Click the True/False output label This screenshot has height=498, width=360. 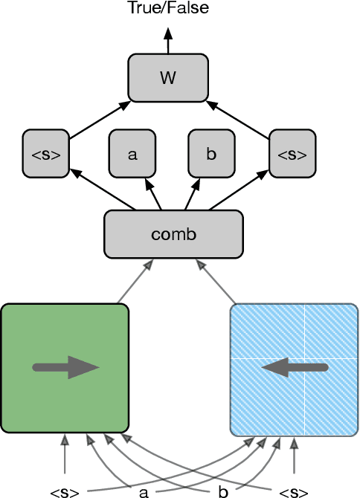(167, 9)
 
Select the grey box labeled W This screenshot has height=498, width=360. (168, 78)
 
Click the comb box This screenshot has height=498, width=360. (173, 234)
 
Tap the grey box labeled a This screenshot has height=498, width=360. (132, 154)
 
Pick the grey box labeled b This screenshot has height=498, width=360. (211, 154)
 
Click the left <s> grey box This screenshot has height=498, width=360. (46, 154)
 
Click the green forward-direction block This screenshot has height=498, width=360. (65, 368)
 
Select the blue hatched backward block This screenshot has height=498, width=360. (294, 368)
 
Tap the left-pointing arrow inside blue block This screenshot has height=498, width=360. (295, 366)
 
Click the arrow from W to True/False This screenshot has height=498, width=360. (168, 41)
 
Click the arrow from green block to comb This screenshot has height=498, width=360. (135, 282)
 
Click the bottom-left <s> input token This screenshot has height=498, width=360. (65, 491)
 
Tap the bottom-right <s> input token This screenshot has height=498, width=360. (293, 491)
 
